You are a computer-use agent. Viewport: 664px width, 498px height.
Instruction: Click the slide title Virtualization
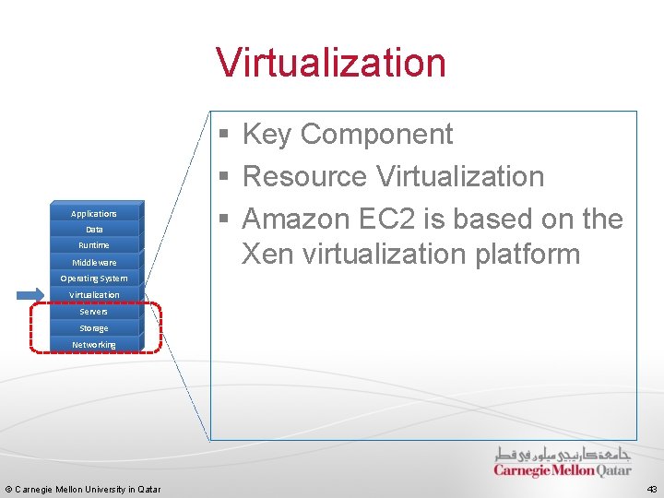[331, 63]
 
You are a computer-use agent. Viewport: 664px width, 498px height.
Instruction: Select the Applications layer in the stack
[94, 213]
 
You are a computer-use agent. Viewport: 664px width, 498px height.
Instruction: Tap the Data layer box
[94, 229]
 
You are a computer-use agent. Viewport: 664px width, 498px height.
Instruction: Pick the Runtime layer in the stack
[94, 245]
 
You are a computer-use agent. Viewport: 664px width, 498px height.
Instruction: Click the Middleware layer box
[94, 262]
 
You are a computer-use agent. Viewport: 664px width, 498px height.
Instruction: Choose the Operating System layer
[94, 279]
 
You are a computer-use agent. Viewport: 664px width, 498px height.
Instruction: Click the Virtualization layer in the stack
[94, 295]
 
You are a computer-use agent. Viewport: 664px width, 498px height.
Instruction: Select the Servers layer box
[94, 312]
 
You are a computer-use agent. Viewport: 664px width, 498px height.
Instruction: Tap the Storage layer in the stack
[94, 328]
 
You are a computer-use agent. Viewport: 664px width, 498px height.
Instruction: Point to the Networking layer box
[94, 345]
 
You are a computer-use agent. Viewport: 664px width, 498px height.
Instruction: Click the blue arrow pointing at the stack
[30, 295]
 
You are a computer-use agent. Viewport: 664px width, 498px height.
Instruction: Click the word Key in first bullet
[267, 135]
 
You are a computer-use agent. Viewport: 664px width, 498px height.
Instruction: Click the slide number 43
[652, 489]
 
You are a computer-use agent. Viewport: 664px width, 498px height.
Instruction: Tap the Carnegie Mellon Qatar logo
[563, 462]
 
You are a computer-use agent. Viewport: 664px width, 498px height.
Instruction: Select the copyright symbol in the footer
[8, 489]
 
